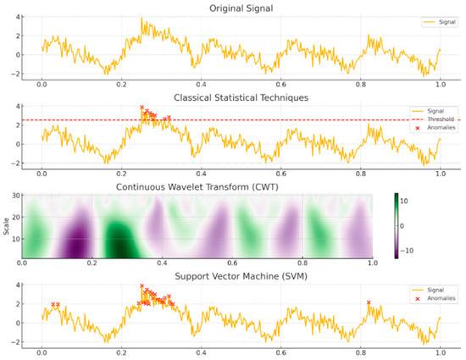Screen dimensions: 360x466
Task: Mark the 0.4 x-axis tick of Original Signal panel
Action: point(201,86)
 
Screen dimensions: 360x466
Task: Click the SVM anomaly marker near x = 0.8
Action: point(369,302)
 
